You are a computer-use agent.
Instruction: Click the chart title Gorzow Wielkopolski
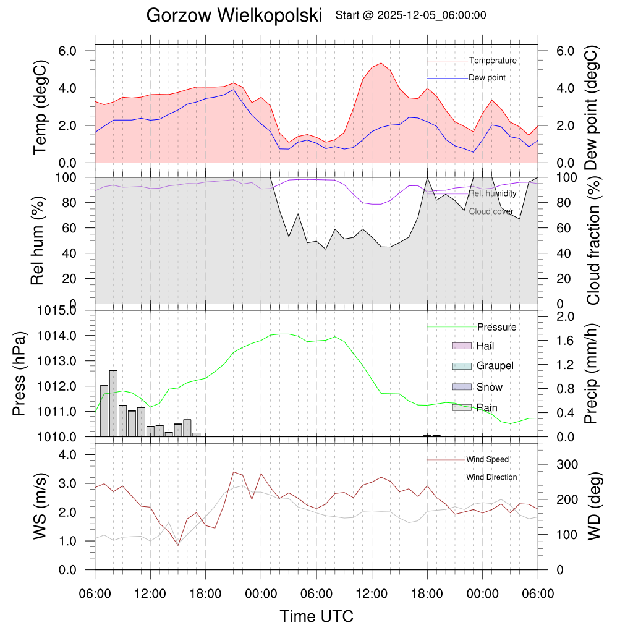pyautogui.click(x=234, y=16)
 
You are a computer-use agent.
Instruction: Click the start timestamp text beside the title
pyautogui.click(x=410, y=15)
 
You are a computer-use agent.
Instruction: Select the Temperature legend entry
pyautogui.click(x=493, y=61)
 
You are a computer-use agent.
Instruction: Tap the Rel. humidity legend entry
pyautogui.click(x=492, y=193)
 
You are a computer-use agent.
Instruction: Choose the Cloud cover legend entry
pyautogui.click(x=491, y=211)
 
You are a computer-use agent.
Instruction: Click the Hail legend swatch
pyautogui.click(x=462, y=346)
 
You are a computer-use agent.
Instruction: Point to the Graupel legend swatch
pyautogui.click(x=462, y=366)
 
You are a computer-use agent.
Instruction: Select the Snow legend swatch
pyautogui.click(x=462, y=387)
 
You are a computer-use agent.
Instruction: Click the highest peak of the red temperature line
pyautogui.click(x=381, y=63)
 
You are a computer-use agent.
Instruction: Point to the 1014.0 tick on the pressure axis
pyautogui.click(x=79, y=336)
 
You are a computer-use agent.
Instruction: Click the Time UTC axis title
pyautogui.click(x=316, y=616)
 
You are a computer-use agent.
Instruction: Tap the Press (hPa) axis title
pyautogui.click(x=20, y=374)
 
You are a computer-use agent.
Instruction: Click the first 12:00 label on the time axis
pyautogui.click(x=150, y=594)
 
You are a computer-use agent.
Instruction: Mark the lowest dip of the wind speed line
pyautogui.click(x=178, y=545)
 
